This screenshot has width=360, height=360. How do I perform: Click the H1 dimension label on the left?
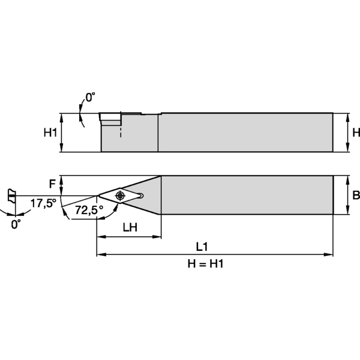(x=50, y=133)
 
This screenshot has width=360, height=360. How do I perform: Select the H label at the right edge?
(x=356, y=133)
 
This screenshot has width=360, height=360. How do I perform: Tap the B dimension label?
(x=356, y=195)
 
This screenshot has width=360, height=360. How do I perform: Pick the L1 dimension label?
(x=202, y=247)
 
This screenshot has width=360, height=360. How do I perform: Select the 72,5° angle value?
(x=89, y=209)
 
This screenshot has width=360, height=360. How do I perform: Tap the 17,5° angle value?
(x=43, y=203)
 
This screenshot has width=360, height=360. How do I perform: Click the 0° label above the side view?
(x=90, y=97)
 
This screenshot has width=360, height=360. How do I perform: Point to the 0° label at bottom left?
(x=16, y=224)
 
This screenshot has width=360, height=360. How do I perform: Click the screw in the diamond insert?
(x=121, y=195)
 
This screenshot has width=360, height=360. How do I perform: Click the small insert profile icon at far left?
(x=10, y=196)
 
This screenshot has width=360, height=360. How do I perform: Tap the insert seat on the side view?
(x=111, y=118)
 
